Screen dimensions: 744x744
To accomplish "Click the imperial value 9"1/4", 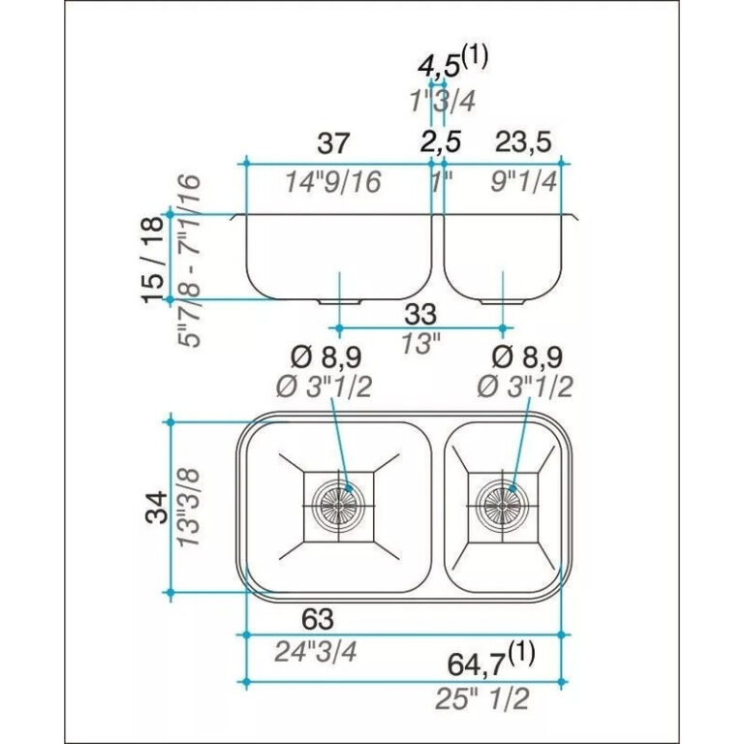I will click(523, 181).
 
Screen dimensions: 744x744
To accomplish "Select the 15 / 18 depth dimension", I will click(152, 259).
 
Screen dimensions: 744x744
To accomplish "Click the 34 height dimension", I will click(155, 505).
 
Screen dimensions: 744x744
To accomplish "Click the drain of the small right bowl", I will click(501, 501).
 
